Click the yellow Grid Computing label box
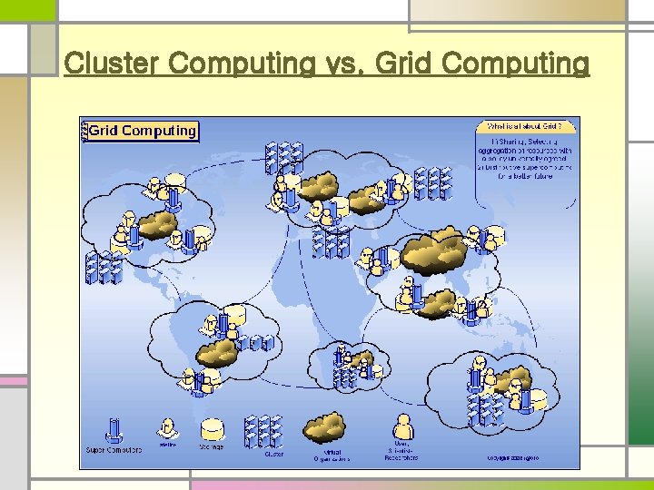coord(141,131)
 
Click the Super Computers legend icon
coord(114,428)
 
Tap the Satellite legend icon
coord(167,427)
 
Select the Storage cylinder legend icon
coord(213,427)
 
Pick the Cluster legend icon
coord(263,429)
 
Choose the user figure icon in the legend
coord(401,427)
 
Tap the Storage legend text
coord(213,447)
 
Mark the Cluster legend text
coord(273,455)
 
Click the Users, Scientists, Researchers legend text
coord(401,454)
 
